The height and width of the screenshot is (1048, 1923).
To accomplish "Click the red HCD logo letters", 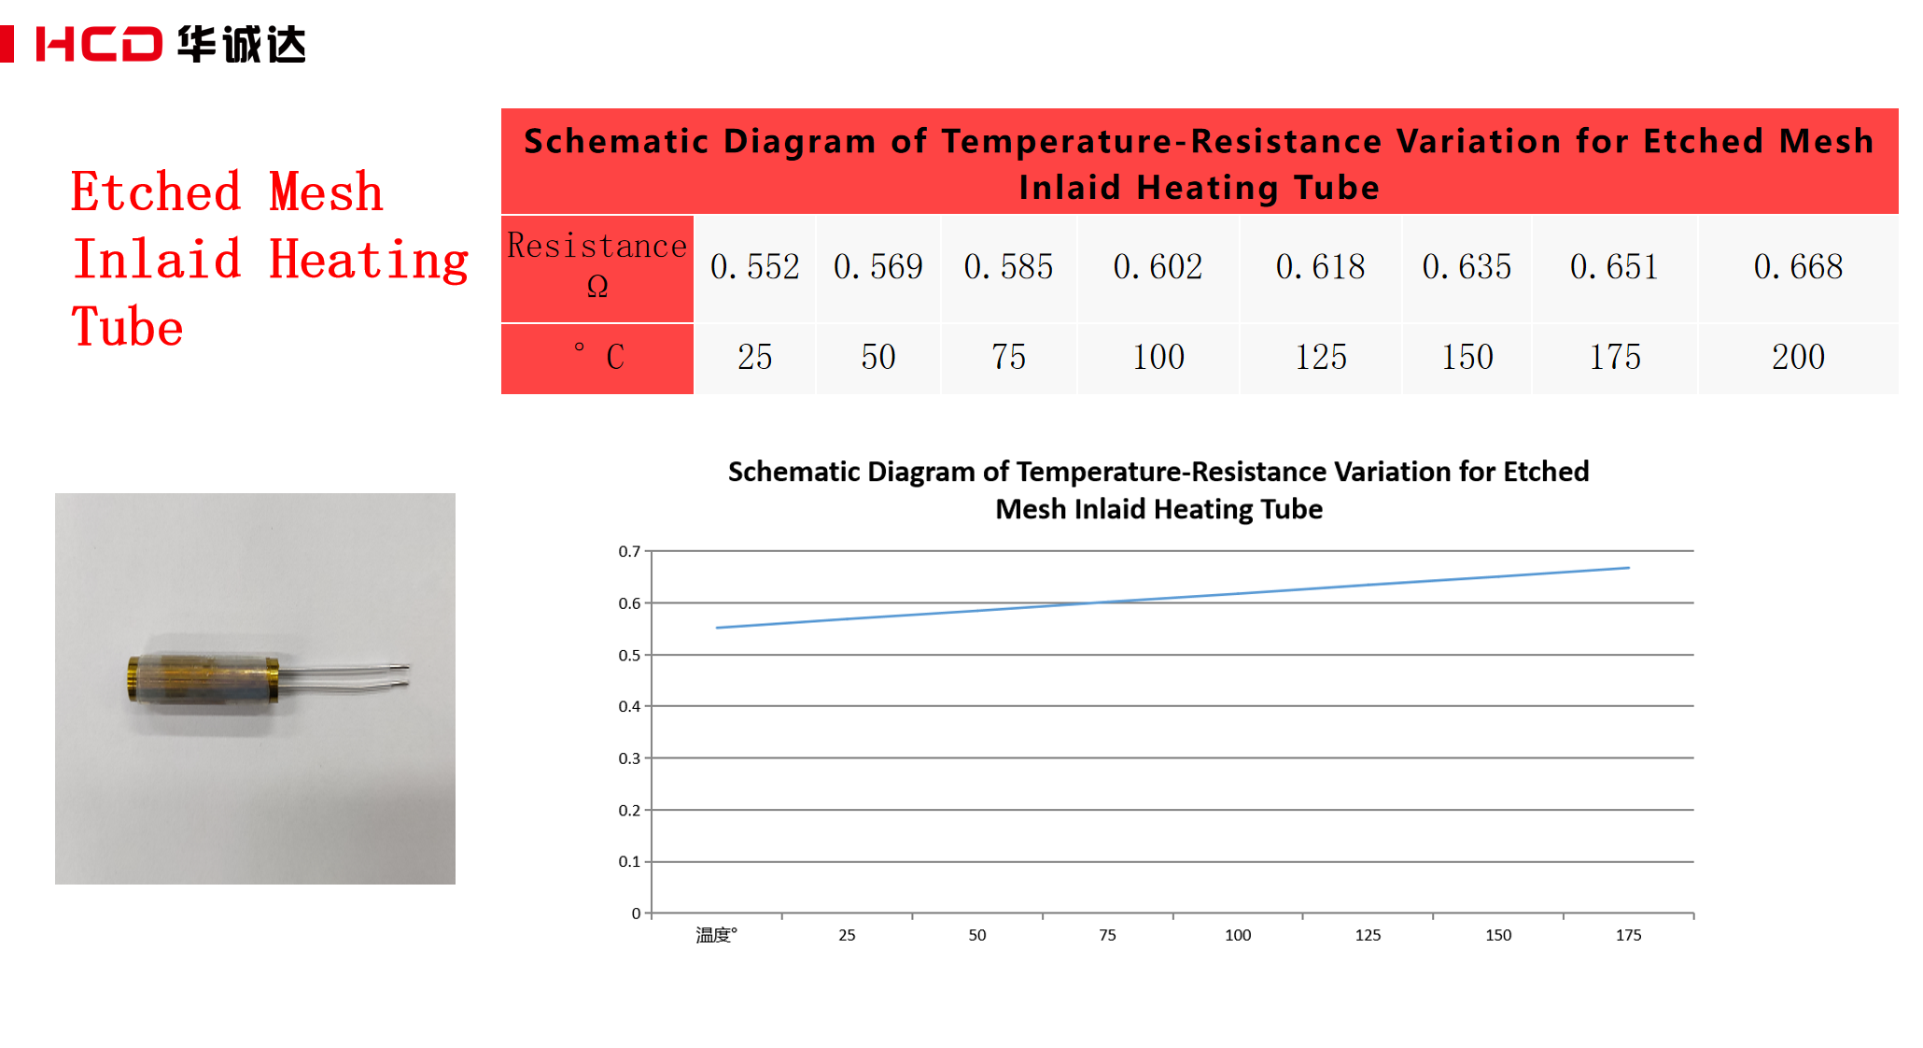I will coord(99,44).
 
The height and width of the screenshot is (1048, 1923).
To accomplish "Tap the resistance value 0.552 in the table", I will coord(754,267).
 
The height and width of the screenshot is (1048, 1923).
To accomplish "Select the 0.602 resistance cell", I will coord(1158,267).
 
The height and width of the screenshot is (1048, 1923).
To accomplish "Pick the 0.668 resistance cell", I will coord(1798,267).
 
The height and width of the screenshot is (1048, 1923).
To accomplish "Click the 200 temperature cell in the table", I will coord(1798,357).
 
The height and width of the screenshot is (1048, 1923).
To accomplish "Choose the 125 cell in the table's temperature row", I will coord(1320,357).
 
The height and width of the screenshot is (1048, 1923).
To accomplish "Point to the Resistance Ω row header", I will coord(597,266).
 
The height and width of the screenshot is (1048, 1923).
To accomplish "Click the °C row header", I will coord(597,357).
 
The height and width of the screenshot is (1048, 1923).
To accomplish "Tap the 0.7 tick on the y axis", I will coord(629,551).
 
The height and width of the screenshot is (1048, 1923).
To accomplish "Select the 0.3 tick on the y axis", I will coord(629,758).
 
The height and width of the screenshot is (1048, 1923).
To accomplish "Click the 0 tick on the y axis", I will coord(636,913).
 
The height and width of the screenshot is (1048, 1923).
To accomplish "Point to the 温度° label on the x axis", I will coord(716,935).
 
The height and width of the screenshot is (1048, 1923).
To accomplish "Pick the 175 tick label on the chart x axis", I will coord(1628,935).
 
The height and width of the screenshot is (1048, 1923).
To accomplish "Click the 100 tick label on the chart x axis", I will coord(1238,935).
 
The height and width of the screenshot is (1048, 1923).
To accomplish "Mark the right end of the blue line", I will coord(1628,568).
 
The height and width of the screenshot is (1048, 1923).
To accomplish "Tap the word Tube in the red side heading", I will coord(128,328).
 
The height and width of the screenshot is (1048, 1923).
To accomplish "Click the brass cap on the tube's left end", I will coord(133,678).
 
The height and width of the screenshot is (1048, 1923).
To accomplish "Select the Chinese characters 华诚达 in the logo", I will coord(242,44).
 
